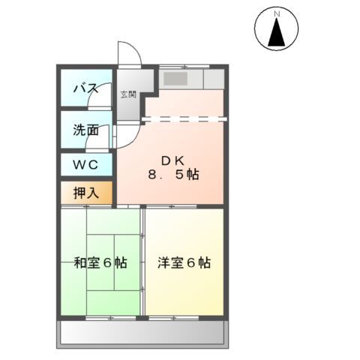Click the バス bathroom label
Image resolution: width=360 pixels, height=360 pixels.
85,89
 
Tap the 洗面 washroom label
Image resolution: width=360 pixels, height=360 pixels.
85,129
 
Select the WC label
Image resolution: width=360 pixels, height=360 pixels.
85,164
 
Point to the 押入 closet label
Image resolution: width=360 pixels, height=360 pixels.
85,192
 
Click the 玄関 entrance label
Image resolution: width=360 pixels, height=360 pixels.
128,94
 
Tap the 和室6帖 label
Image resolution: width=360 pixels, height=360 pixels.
100,263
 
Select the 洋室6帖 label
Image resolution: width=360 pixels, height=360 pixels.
184,263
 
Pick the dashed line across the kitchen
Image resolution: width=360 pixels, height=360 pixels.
184,117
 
